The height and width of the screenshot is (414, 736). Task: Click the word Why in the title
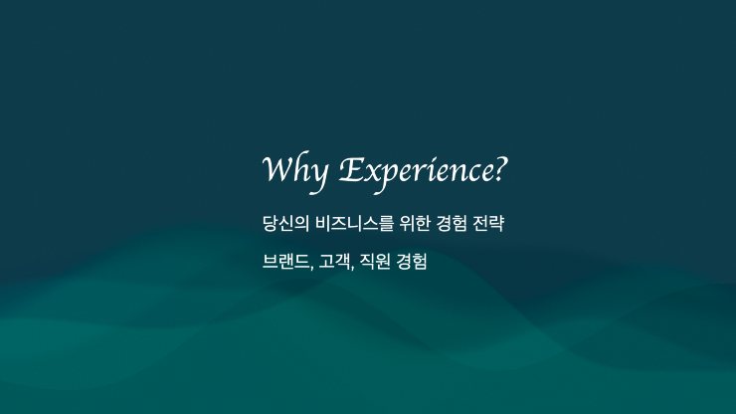click(293, 170)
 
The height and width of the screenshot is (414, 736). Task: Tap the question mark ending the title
click(500, 168)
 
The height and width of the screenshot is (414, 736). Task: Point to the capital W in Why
click(277, 168)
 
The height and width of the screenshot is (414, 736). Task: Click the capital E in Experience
click(350, 169)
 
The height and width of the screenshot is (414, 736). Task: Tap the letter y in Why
click(317, 175)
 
